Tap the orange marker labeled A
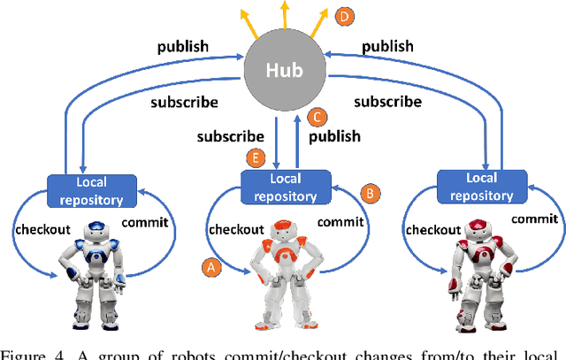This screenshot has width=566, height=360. point(210,265)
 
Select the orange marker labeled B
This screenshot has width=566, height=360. point(372,192)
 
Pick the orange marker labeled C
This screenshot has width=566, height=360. point(317,117)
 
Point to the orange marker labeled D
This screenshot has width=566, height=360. point(344,15)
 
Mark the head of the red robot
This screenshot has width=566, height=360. point(477,229)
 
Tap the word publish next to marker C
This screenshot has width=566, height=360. point(334,136)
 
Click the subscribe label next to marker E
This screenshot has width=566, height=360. point(231,136)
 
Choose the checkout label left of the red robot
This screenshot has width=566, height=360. point(433,229)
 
